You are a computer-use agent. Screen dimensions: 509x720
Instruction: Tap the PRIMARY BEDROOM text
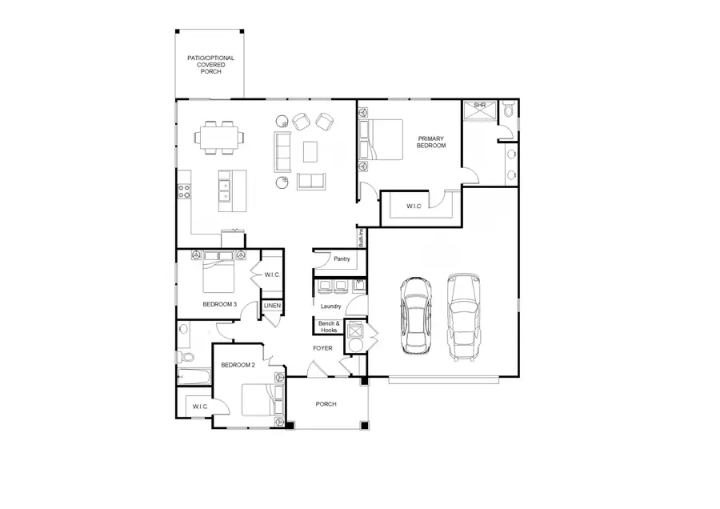(x=430, y=142)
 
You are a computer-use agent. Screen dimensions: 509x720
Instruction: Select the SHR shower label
(x=480, y=105)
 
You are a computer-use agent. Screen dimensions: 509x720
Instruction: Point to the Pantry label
(x=341, y=259)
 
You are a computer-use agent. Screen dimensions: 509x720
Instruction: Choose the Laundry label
(x=330, y=306)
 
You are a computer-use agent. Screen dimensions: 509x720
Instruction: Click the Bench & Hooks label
(x=329, y=327)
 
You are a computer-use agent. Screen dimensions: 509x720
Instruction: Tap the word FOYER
(x=322, y=348)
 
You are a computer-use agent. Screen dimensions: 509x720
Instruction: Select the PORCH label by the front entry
(x=326, y=404)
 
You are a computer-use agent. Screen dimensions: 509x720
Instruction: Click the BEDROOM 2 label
(x=238, y=365)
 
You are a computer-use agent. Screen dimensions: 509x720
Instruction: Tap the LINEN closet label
(x=272, y=306)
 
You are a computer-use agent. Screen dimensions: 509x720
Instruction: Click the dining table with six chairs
(x=219, y=136)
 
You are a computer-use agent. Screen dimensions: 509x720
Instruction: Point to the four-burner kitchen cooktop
(x=183, y=191)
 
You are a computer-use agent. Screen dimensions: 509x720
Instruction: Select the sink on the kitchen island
(x=226, y=190)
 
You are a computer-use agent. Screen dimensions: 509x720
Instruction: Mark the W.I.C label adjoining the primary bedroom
(x=414, y=206)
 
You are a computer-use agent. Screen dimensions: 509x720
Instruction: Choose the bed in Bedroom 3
(x=218, y=274)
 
